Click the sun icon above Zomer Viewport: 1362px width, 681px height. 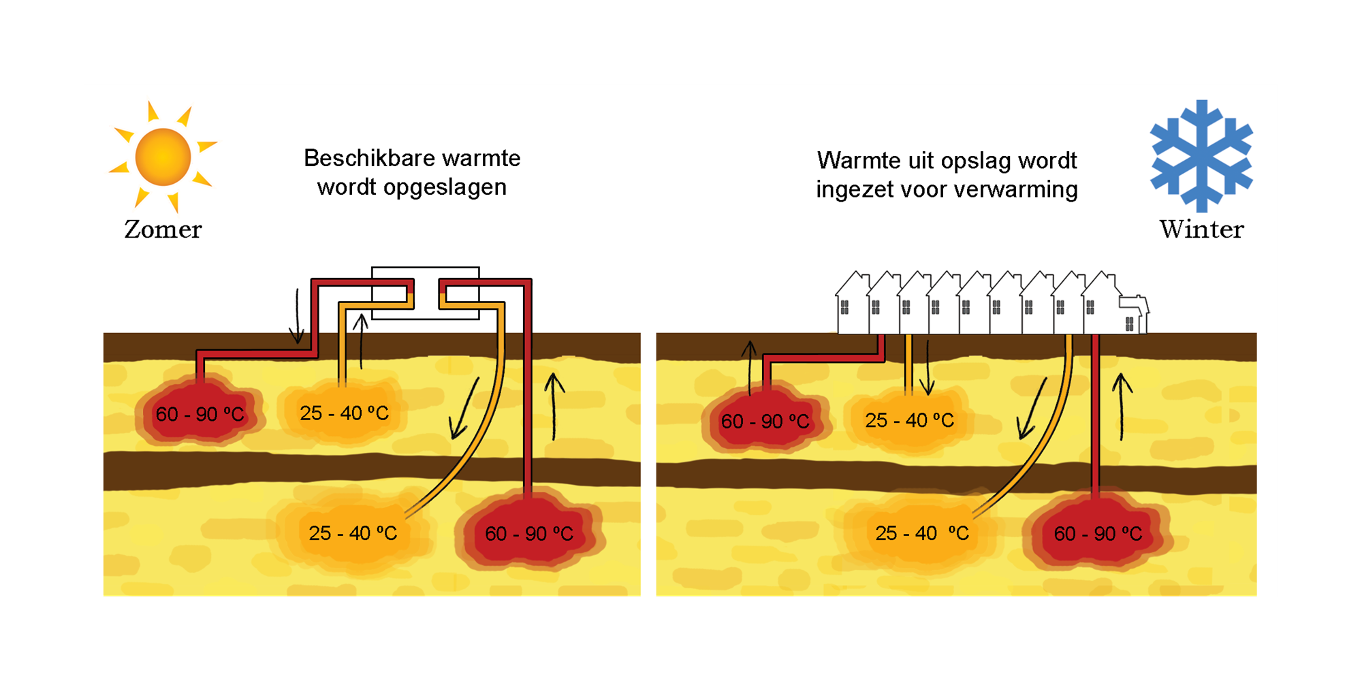[x=163, y=157]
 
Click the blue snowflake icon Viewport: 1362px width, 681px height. [x=1201, y=155]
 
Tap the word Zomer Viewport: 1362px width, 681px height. [x=163, y=229]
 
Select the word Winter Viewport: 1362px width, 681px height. [x=1201, y=229]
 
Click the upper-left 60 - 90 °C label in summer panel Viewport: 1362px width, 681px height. [x=200, y=414]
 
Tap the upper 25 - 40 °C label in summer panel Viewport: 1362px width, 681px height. [x=344, y=413]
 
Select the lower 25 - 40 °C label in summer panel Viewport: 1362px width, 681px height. [x=353, y=533]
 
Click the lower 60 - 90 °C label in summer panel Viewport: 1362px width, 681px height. [x=529, y=533]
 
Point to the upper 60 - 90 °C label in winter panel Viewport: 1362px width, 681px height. [x=765, y=422]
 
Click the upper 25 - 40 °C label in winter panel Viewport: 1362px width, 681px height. [x=910, y=420]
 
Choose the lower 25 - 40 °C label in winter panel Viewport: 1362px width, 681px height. [x=922, y=533]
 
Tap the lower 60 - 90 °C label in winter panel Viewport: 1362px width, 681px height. [x=1098, y=533]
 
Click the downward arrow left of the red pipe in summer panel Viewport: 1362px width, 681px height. [x=297, y=317]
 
